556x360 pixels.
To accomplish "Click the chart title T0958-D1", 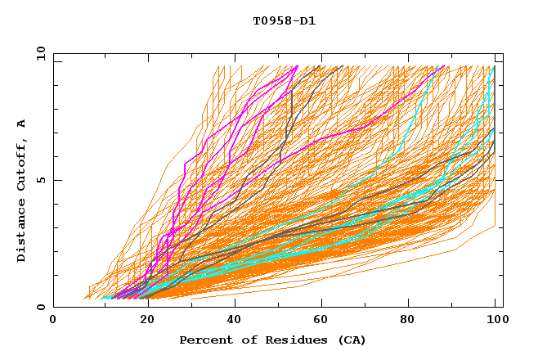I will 284,21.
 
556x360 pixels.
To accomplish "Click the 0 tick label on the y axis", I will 40,307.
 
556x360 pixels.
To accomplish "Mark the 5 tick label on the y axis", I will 40,180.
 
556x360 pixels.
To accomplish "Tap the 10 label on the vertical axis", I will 37,53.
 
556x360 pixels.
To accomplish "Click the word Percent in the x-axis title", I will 204,340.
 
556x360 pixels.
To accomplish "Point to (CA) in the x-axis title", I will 350,340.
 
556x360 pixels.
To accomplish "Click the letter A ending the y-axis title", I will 22,124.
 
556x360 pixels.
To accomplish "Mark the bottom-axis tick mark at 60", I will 319,304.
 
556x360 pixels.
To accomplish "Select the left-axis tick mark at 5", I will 56,180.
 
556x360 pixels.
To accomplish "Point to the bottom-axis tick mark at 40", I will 231,304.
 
